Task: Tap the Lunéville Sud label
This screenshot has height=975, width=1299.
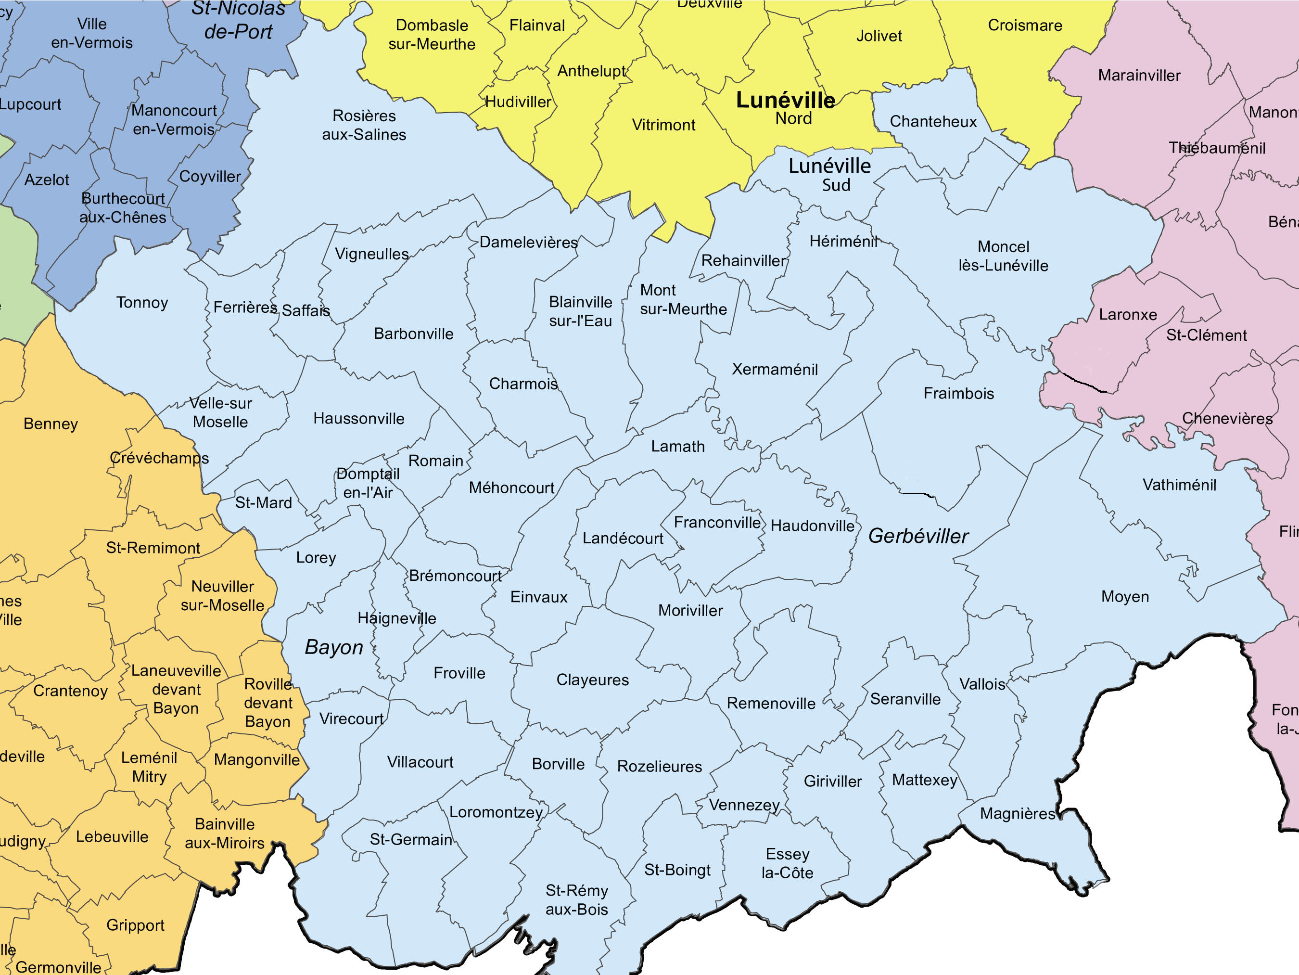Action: [829, 174]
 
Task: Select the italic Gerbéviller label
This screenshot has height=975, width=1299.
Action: [918, 536]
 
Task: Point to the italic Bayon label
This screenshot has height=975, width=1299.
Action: [333, 647]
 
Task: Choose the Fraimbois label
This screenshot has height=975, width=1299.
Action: [958, 393]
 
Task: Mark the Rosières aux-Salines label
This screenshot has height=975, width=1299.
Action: [364, 125]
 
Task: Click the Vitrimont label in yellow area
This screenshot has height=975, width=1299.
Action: [663, 125]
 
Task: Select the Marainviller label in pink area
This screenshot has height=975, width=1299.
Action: [1139, 75]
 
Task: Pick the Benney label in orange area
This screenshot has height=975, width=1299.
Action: [51, 423]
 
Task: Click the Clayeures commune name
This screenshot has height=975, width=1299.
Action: [593, 680]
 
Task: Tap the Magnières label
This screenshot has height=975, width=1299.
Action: [1018, 813]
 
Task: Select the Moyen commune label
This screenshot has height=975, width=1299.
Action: [1124, 596]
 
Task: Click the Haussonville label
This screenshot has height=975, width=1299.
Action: [359, 418]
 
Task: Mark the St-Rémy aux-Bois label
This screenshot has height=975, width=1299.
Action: [577, 899]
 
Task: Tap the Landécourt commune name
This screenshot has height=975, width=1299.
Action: [623, 538]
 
